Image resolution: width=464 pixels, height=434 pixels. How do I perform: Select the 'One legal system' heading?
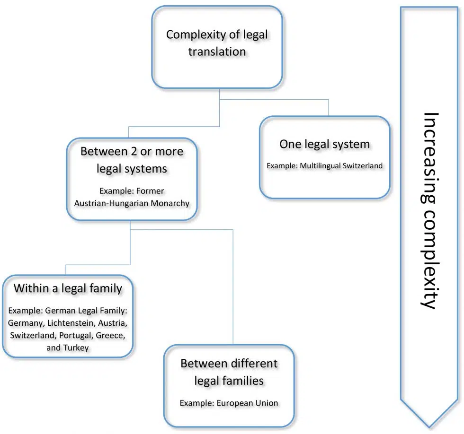(324, 144)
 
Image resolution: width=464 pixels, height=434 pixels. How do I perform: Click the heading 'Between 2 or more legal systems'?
(132, 160)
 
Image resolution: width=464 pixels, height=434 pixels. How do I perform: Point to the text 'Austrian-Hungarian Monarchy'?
(131, 203)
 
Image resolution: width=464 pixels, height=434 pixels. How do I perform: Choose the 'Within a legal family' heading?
(68, 288)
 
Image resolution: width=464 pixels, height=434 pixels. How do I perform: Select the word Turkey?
(75, 347)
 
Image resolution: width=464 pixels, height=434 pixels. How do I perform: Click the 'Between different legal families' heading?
(229, 372)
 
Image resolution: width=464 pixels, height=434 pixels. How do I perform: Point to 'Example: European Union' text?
(229, 403)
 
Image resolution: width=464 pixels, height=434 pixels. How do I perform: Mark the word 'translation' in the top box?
(217, 52)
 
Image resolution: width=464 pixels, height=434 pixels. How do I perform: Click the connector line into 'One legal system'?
(329, 108)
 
